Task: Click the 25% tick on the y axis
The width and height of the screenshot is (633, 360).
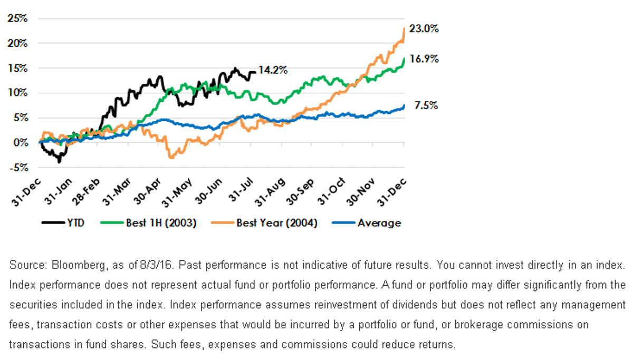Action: click(x=17, y=18)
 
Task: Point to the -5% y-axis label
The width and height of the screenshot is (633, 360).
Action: click(x=19, y=168)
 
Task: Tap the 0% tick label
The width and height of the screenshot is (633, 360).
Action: click(x=21, y=143)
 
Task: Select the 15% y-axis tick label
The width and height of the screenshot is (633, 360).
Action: click(x=18, y=68)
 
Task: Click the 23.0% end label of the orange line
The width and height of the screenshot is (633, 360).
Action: click(x=424, y=28)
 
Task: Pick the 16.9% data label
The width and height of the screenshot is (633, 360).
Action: click(x=424, y=59)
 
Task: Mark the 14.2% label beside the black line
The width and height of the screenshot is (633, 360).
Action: click(x=273, y=70)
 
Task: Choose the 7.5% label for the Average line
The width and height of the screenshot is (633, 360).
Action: click(x=426, y=105)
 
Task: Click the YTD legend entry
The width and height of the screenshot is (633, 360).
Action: click(x=63, y=223)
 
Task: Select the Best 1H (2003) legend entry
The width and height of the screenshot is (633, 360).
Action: click(x=148, y=223)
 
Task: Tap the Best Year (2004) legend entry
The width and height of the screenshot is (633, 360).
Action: click(x=264, y=223)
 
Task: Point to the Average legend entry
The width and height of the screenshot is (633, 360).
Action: click(x=367, y=223)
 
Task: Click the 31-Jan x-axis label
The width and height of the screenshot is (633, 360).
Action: click(x=58, y=191)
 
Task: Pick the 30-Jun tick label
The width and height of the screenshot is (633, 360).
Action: click(x=208, y=191)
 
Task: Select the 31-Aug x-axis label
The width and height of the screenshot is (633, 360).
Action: click(x=270, y=192)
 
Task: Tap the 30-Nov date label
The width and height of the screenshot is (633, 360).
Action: click(x=360, y=192)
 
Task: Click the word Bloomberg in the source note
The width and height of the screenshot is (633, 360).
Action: click(x=79, y=265)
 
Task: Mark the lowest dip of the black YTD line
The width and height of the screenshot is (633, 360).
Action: click(x=59, y=162)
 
